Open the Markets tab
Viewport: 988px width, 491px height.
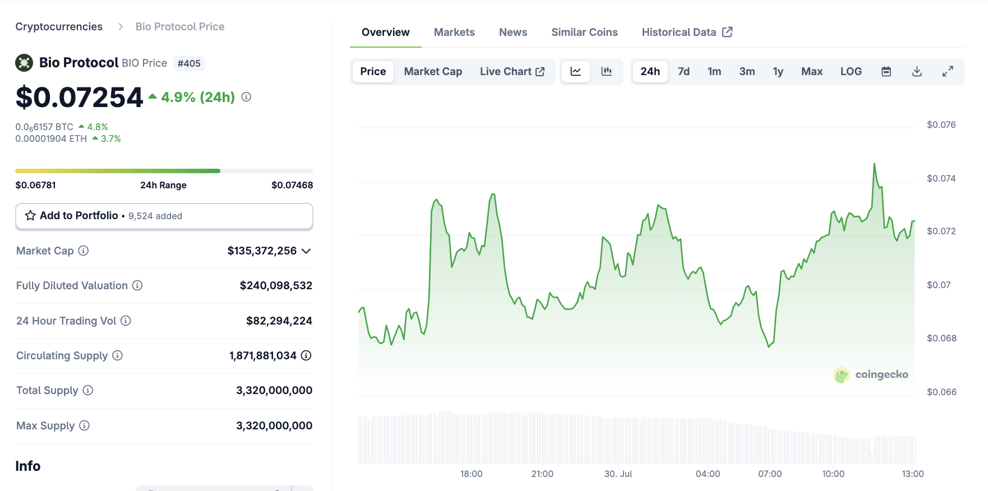coord(454,33)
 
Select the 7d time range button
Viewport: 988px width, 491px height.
coord(684,72)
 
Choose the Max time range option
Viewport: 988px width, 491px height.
coord(811,72)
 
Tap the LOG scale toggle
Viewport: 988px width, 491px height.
coord(851,72)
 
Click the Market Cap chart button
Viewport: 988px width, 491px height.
coord(433,72)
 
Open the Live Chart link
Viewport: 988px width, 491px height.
coord(512,72)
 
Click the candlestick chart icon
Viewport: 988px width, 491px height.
coord(606,72)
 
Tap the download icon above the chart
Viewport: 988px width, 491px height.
coord(917,72)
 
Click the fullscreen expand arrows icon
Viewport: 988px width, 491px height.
coord(948,72)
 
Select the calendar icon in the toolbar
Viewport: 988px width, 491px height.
coord(886,72)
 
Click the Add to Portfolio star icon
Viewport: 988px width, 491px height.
coord(30,216)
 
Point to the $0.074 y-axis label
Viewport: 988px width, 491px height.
coord(941,179)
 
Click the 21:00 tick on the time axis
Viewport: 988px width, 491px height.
coord(542,474)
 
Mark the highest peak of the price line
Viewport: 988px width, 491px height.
coord(874,164)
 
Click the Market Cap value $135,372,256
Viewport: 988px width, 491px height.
coord(262,251)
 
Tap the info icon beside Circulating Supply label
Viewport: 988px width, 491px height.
coord(117,355)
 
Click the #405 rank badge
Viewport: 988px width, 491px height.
coord(189,64)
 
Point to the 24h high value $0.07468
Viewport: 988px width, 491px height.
coord(292,186)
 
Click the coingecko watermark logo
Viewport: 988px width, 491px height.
coord(870,374)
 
